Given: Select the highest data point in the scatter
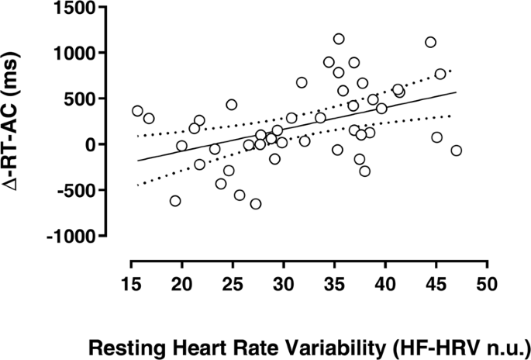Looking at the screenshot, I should [x=339, y=39].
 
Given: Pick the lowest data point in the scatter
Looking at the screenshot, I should [x=255, y=204].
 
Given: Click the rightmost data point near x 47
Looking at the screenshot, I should [x=456, y=151].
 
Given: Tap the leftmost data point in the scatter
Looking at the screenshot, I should [x=137, y=111].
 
